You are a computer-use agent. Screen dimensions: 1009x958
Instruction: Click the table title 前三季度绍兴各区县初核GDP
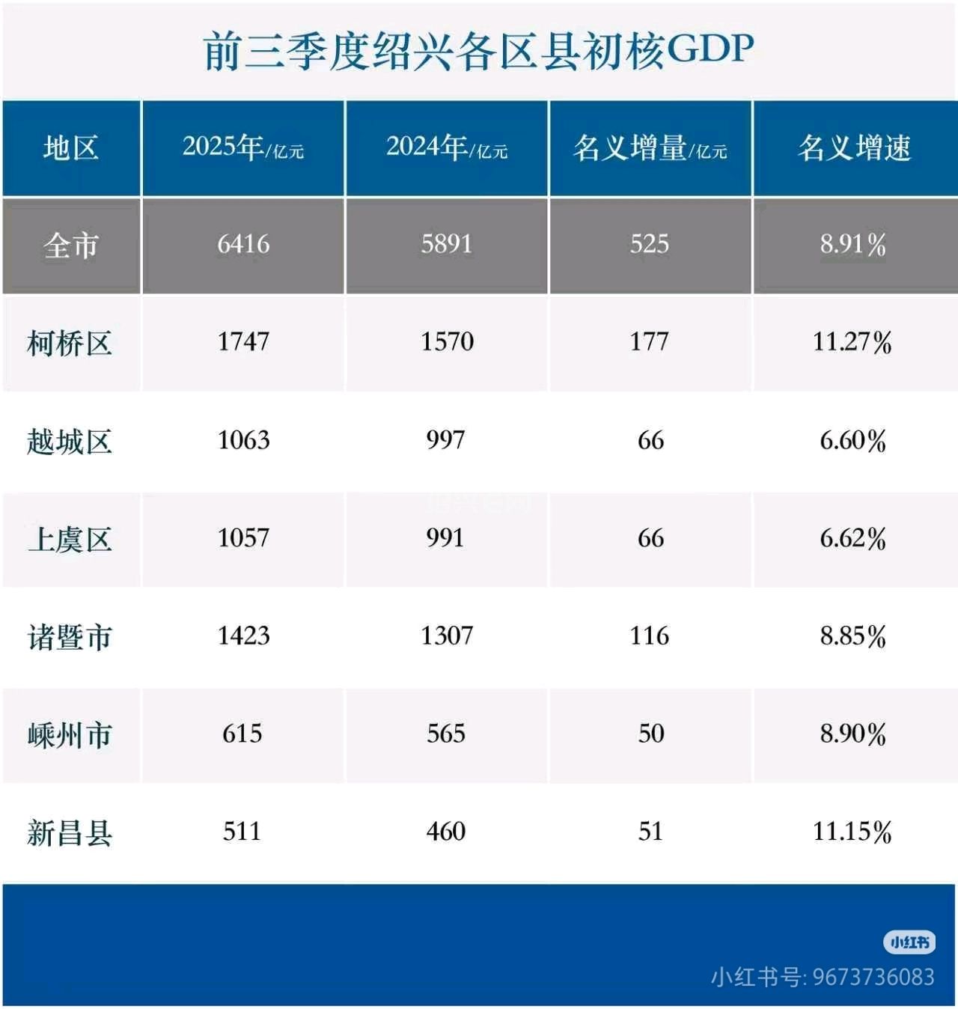[478, 51]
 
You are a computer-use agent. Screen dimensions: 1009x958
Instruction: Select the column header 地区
[71, 147]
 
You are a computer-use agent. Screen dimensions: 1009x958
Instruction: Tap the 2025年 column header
[243, 147]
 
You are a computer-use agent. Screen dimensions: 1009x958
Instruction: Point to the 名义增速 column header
[854, 147]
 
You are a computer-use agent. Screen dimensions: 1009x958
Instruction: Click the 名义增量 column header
[650, 147]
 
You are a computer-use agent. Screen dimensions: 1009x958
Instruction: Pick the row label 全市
[71, 245]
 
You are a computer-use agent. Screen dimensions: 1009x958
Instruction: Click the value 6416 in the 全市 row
[243, 244]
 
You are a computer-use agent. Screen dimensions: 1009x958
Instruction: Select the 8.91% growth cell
[852, 244]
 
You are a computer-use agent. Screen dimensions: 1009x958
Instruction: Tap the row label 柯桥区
[70, 343]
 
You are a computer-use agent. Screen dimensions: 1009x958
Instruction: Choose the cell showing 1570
[447, 342]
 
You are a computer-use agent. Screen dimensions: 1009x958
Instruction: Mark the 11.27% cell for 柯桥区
[852, 342]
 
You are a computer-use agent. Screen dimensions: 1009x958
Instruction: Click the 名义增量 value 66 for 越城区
[650, 440]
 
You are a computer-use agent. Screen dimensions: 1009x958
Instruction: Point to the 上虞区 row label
[70, 539]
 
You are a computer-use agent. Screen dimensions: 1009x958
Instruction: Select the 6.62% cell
[852, 538]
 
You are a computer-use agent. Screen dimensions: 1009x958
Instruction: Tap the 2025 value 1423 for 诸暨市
[243, 636]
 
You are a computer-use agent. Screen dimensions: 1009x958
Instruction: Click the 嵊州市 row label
[70, 735]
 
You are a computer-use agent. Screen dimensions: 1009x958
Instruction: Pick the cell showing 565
[446, 734]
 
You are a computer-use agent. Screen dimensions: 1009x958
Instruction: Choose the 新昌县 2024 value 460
[446, 832]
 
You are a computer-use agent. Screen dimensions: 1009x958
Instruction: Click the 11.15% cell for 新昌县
[852, 832]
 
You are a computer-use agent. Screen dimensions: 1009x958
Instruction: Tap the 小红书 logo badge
[909, 942]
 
